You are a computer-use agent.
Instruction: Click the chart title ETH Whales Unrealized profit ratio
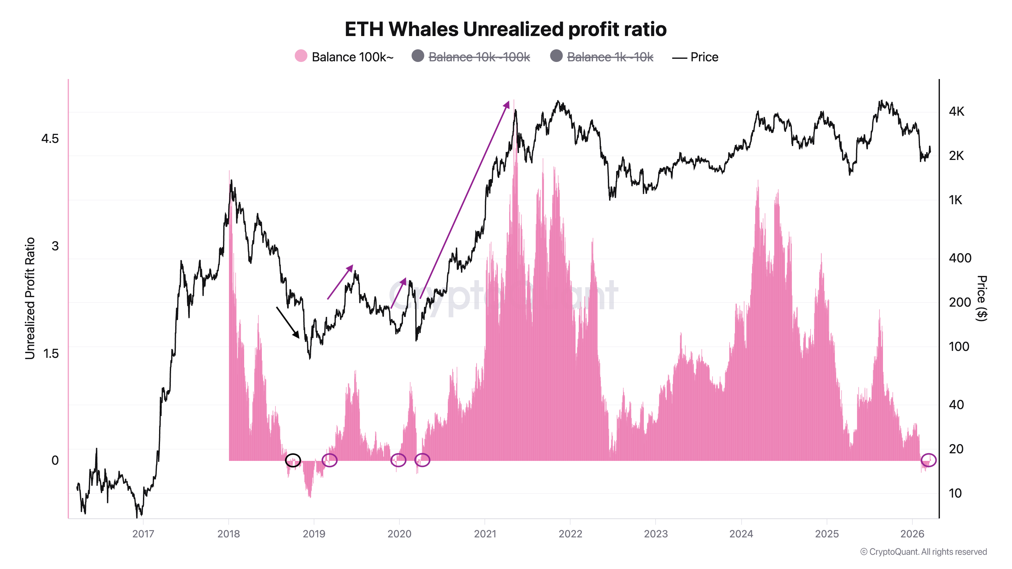click(505, 29)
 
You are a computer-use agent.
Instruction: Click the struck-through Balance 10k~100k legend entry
click(471, 57)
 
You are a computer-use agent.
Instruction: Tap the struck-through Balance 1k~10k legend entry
click(602, 57)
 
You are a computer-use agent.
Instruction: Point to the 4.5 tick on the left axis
click(50, 139)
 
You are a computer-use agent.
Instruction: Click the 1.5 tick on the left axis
click(51, 353)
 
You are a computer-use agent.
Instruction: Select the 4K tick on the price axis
click(956, 112)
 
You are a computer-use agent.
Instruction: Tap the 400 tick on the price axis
click(960, 258)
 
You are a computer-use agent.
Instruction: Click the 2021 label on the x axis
click(485, 534)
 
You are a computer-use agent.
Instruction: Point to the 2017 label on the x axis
click(143, 534)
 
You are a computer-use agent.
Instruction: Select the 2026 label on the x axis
click(912, 534)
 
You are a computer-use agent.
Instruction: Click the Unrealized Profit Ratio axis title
click(30, 298)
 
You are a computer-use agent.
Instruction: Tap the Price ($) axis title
click(981, 298)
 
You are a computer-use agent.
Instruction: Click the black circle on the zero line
click(293, 460)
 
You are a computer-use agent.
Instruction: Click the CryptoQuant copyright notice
click(923, 552)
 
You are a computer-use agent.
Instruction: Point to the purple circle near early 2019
click(329, 460)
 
